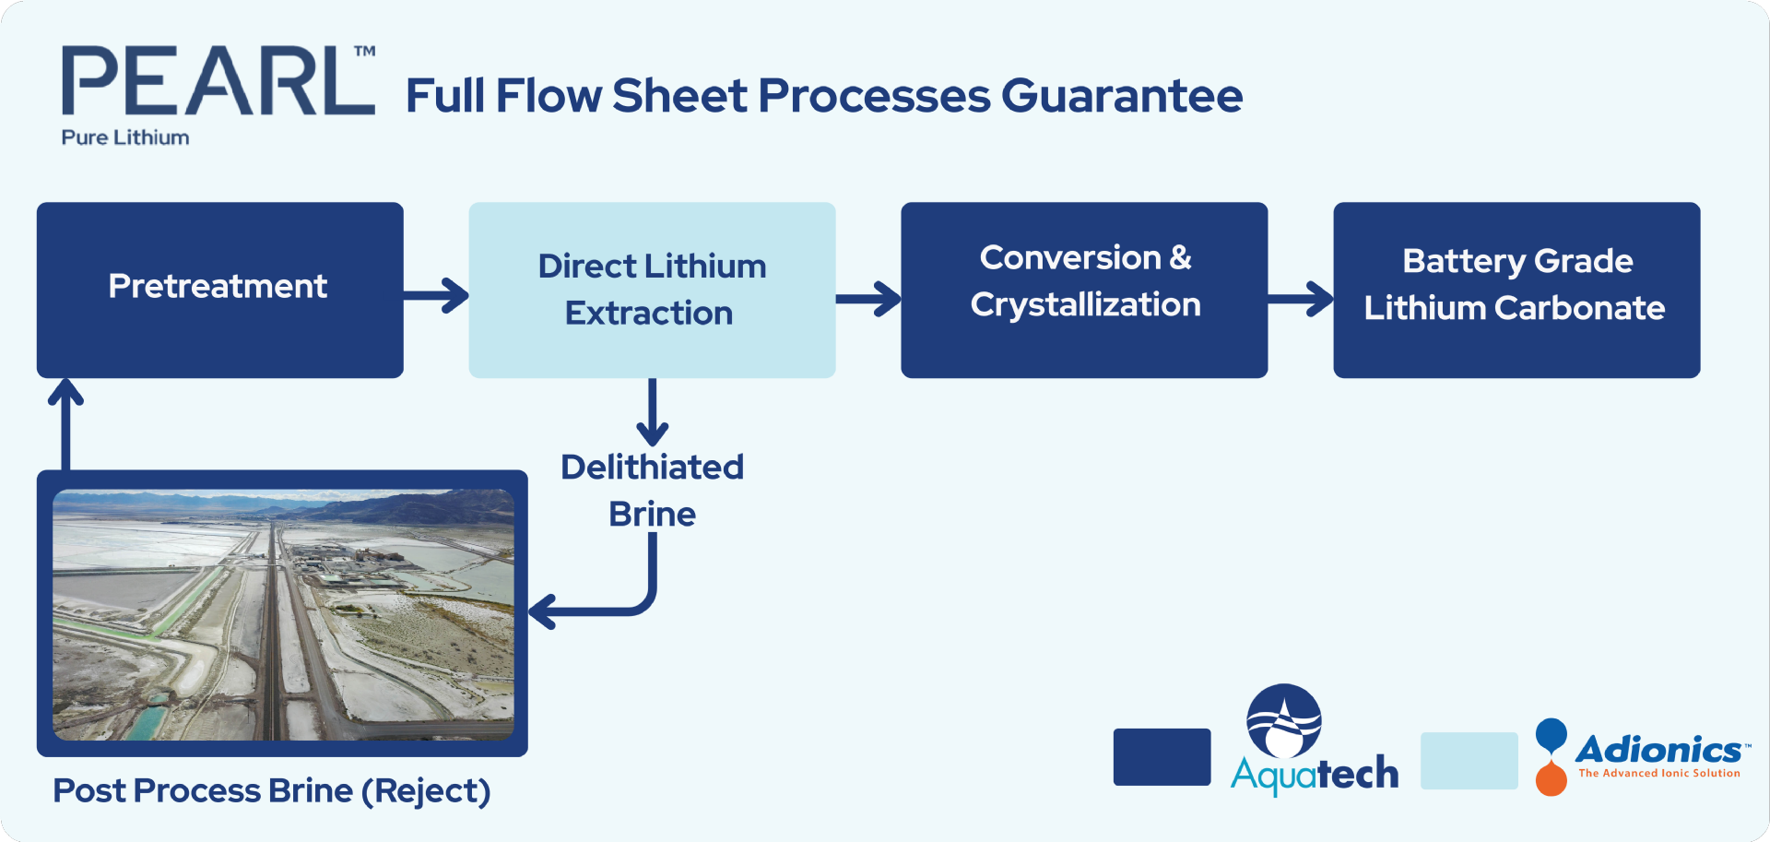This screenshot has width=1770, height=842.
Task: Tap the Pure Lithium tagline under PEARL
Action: point(125,137)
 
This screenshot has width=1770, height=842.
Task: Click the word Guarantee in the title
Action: point(1122,96)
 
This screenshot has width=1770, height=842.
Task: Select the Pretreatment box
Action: point(219,290)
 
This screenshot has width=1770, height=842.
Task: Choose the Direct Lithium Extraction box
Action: point(652,290)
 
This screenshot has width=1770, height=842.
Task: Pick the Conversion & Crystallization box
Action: point(1084,290)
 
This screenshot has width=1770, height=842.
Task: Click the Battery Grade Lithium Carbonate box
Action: point(1516,290)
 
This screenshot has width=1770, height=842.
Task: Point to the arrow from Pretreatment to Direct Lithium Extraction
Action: point(437,296)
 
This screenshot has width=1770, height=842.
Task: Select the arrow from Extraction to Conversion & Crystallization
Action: point(868,299)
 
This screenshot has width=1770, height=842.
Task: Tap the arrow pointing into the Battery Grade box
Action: point(1301,299)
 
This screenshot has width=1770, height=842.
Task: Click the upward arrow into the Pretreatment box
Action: point(65,424)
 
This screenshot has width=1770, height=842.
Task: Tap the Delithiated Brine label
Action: point(652,491)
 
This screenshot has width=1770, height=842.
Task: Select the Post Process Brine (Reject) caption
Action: point(271,791)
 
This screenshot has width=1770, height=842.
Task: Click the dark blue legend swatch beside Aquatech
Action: point(1162,757)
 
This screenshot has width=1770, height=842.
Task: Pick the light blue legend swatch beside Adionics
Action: point(1469,761)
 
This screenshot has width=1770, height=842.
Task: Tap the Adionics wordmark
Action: point(1658,750)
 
